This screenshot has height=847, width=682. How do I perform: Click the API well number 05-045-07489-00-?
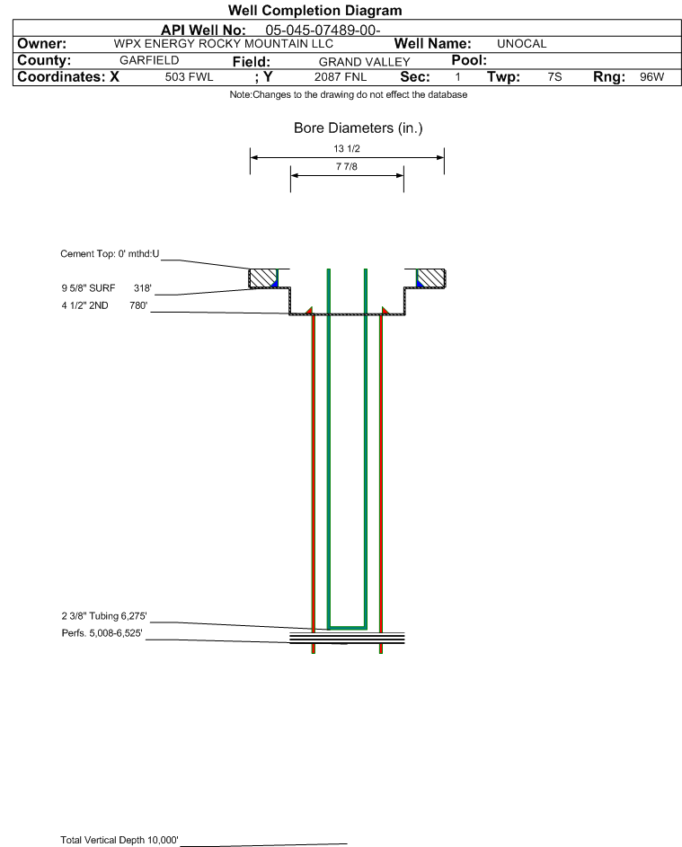coord(323,31)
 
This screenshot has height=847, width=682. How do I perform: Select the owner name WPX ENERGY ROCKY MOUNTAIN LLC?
coord(223,44)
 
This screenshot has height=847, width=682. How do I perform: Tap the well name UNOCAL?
coord(521,44)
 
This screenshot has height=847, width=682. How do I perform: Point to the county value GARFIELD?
coord(149,60)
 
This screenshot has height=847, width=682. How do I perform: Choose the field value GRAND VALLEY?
coord(364,62)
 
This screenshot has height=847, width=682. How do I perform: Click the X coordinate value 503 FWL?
coord(189,76)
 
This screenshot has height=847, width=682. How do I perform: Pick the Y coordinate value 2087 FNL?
coord(341,76)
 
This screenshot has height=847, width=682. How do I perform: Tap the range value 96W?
coord(651,76)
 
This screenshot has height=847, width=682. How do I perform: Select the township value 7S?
coord(554,76)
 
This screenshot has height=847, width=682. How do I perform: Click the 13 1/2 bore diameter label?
coord(347,148)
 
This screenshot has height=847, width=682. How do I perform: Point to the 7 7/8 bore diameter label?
coord(347,166)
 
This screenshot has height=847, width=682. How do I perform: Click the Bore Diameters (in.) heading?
coord(359,128)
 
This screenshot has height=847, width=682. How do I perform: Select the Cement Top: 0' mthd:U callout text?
coord(110,254)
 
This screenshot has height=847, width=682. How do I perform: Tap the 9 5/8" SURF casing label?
coord(88,288)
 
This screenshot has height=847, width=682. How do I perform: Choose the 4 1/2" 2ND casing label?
coord(84,305)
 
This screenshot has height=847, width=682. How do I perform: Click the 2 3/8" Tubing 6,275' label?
coord(104,616)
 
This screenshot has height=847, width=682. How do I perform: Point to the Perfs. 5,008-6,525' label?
coord(102,633)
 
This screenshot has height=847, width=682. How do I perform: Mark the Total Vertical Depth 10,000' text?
coord(120,840)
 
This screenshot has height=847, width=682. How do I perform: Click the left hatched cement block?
coord(262,278)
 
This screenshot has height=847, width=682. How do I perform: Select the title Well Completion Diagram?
coord(315,10)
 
